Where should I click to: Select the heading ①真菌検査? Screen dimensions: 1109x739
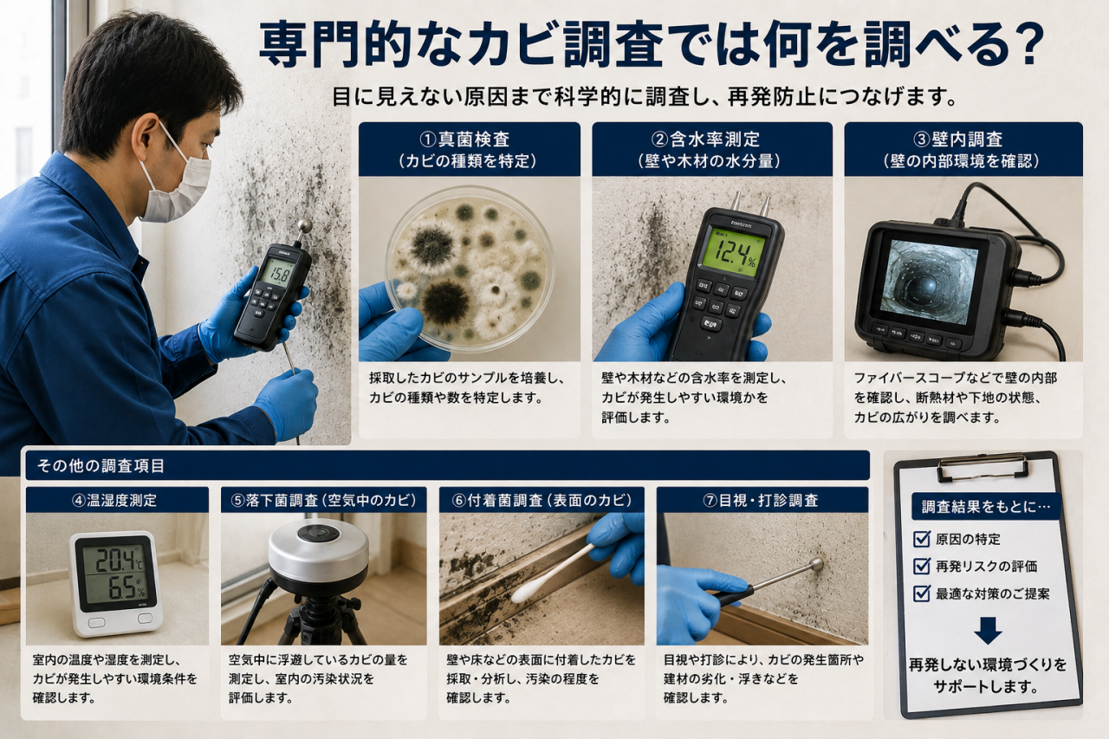click(464, 139)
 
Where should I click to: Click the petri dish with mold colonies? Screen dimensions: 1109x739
click(470, 269)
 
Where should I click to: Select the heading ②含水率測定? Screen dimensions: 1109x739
click(705, 139)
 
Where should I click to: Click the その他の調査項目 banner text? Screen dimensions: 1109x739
click(101, 466)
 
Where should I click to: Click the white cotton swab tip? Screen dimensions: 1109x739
click(524, 592)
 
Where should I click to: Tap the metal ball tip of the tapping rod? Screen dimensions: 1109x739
click(816, 564)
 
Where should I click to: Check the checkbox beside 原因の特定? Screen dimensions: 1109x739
click(921, 539)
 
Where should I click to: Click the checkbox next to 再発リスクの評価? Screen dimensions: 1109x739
click(921, 566)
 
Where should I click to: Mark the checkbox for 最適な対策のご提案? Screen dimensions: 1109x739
click(921, 593)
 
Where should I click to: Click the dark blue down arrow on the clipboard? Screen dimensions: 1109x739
click(988, 631)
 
